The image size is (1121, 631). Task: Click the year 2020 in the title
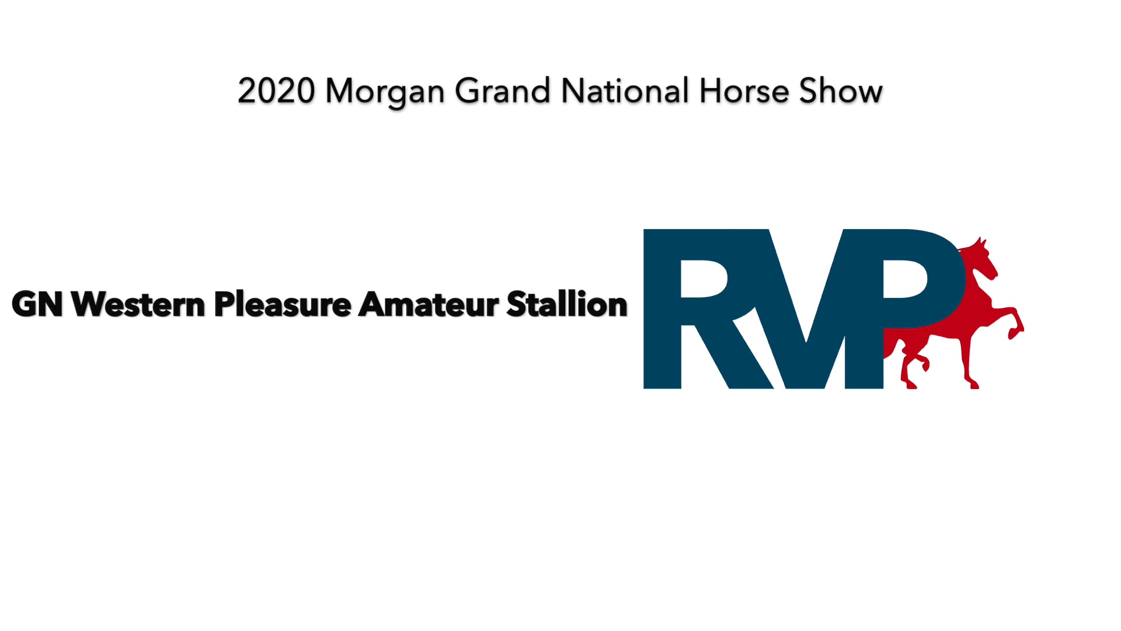[x=276, y=92]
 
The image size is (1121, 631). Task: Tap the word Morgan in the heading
[x=385, y=92]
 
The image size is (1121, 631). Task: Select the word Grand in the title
[x=502, y=92]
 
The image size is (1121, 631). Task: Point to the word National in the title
[x=625, y=92]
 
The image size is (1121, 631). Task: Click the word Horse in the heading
[x=744, y=92]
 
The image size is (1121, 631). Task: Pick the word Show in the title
[x=840, y=92]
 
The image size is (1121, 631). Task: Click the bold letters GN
[x=37, y=304]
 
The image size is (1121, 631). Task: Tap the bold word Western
[x=138, y=304]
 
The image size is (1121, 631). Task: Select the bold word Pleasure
[x=283, y=304]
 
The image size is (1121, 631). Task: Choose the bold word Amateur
[x=429, y=304]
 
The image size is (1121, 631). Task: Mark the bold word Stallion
[x=567, y=304]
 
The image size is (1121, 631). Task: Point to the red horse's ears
[x=981, y=241]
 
